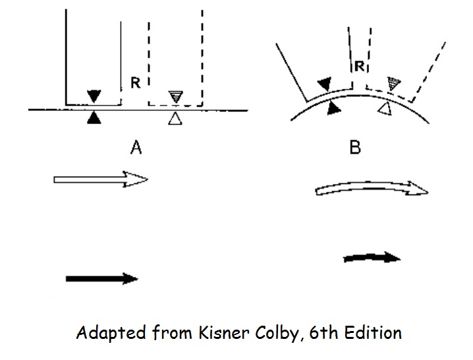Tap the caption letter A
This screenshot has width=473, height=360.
(136, 148)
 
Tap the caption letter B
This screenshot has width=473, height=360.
(354, 148)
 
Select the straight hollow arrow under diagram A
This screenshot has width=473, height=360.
(101, 179)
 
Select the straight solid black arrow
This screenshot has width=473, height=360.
(101, 279)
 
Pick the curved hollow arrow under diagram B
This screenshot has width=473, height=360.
(372, 189)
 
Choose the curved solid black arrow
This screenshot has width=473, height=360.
(372, 258)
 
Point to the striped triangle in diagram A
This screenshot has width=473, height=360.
(175, 96)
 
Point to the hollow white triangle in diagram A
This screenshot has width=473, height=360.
(175, 119)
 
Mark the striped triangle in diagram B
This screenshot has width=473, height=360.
(394, 84)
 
